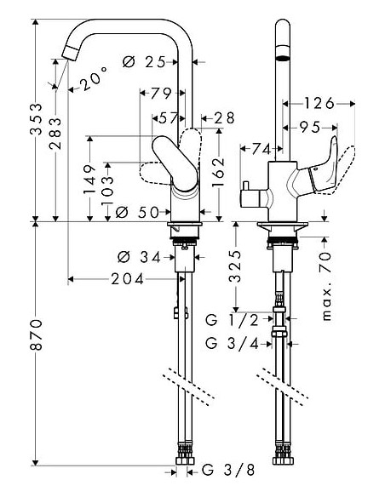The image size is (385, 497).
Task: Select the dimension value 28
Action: (223, 117)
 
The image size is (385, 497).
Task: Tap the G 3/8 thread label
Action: (217, 470)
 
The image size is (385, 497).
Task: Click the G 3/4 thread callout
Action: (231, 345)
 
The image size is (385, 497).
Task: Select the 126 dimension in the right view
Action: (319, 104)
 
